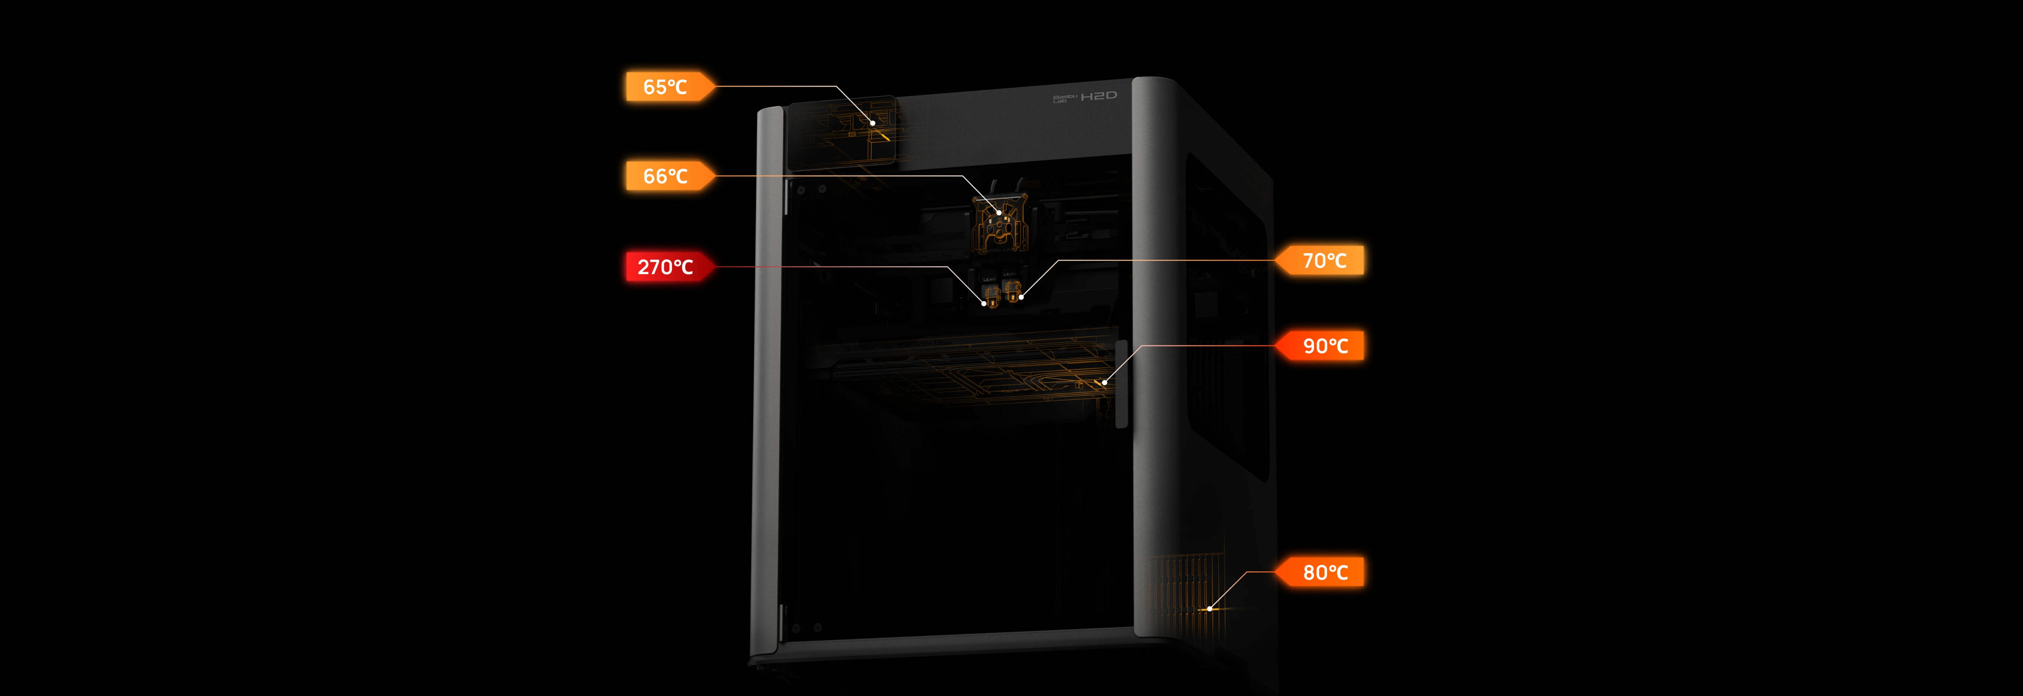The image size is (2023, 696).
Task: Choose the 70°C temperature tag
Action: click(x=1320, y=260)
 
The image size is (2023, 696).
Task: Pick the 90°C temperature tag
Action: click(x=1320, y=346)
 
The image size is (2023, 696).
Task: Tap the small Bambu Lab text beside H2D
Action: click(x=1065, y=98)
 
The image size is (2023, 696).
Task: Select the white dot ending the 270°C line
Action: click(x=984, y=303)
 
